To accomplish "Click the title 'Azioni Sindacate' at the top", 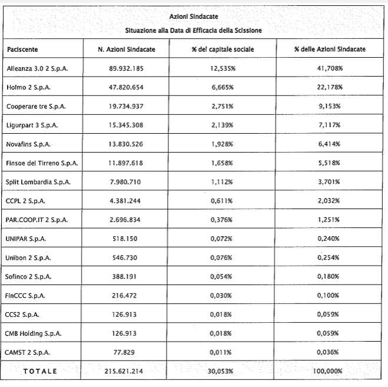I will pos(194,17).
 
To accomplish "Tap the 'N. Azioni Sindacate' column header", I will pos(127,49).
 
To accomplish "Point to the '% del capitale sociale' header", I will pos(223,49).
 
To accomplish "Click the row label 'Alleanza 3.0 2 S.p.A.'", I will pos(37,68).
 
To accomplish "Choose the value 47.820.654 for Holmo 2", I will pos(127,87).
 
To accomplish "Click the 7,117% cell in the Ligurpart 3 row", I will pos(330,125).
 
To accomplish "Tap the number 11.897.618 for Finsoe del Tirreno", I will pos(126,163).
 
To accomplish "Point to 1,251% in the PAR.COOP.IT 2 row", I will pos(330,220).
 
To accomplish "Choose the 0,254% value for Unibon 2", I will pos(330,257).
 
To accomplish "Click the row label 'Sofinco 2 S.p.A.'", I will pos(30,276).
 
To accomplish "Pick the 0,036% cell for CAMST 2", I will pos(330,352).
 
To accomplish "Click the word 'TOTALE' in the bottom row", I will pos(39,371).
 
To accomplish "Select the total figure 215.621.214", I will pos(126,371).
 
